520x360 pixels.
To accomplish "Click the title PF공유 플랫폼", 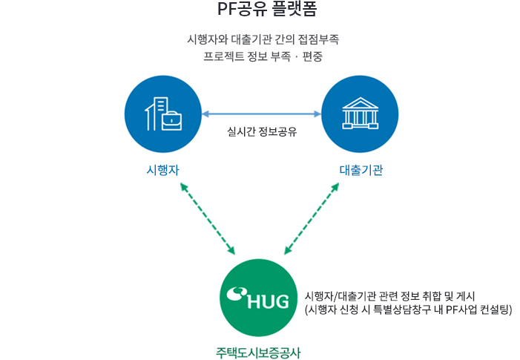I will [260, 10].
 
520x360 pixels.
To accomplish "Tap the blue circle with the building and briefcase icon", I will [163, 114].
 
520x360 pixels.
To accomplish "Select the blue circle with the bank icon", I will [360, 114].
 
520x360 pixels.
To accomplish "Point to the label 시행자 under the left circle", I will [163, 171].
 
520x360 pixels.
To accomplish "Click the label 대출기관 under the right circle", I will [361, 171].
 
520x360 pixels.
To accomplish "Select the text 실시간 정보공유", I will [262, 134].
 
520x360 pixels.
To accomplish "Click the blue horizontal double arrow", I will [261, 114].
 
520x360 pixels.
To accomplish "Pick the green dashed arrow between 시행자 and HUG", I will [208, 218].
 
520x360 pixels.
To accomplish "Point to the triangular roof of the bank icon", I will [360, 103].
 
